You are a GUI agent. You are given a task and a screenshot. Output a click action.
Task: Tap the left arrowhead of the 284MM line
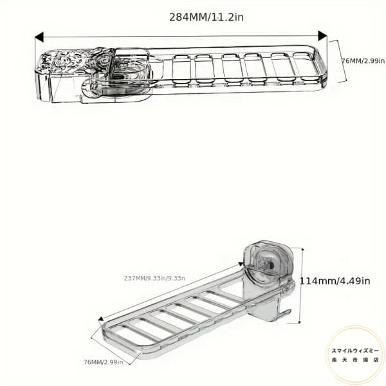(39, 38)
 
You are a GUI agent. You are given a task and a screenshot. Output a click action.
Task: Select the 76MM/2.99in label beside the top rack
(363, 61)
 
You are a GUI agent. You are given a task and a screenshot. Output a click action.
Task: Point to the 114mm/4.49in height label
(335, 280)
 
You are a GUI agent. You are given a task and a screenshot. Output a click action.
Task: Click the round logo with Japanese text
(355, 354)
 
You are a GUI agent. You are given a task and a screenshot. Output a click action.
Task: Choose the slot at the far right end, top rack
(304, 66)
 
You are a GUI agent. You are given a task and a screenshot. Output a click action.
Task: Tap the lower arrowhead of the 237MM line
(99, 319)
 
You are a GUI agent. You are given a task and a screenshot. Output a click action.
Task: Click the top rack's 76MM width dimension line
(338, 61)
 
